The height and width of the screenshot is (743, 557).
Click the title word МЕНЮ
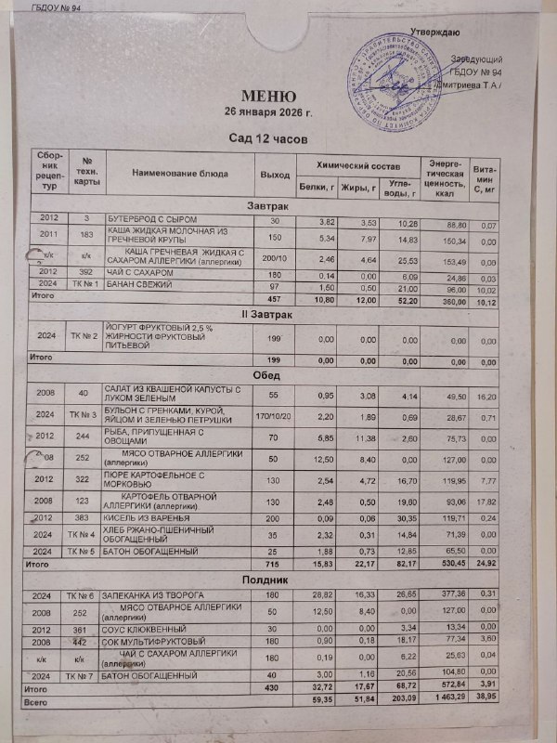click(269, 96)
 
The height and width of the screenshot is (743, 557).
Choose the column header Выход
click(274, 175)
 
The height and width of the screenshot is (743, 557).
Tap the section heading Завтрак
click(269, 204)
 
